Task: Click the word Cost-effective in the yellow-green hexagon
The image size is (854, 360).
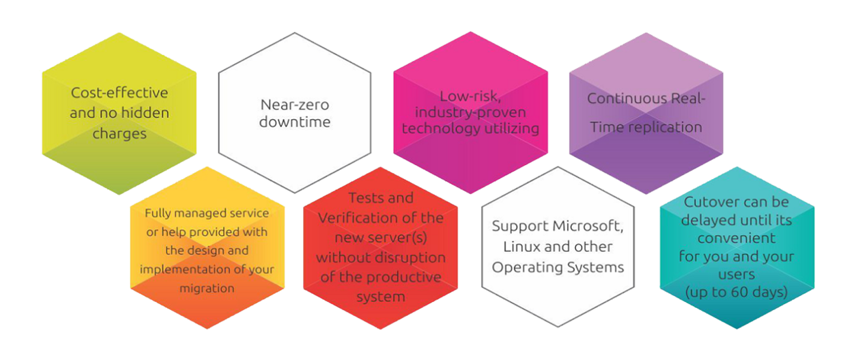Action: pos(119,92)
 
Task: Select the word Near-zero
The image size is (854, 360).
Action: pos(295,104)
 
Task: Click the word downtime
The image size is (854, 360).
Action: pos(295,122)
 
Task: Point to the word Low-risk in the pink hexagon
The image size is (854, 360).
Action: pos(470,97)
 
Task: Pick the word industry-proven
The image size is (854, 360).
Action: pos(471,113)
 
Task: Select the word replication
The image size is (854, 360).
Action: pos(667,128)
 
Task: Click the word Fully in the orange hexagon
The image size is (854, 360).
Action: pos(158,214)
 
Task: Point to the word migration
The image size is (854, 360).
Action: pos(207,289)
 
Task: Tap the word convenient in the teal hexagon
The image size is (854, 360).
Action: pos(736,239)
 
